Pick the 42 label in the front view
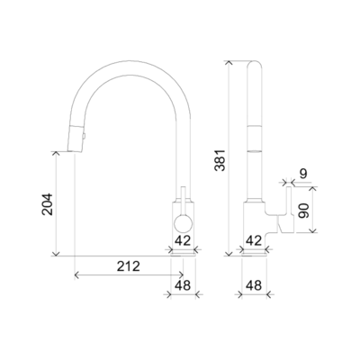[183, 239]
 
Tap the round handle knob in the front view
[181, 222]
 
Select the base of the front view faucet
[183, 251]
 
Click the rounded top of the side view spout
[253, 64]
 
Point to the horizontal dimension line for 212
[126, 274]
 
